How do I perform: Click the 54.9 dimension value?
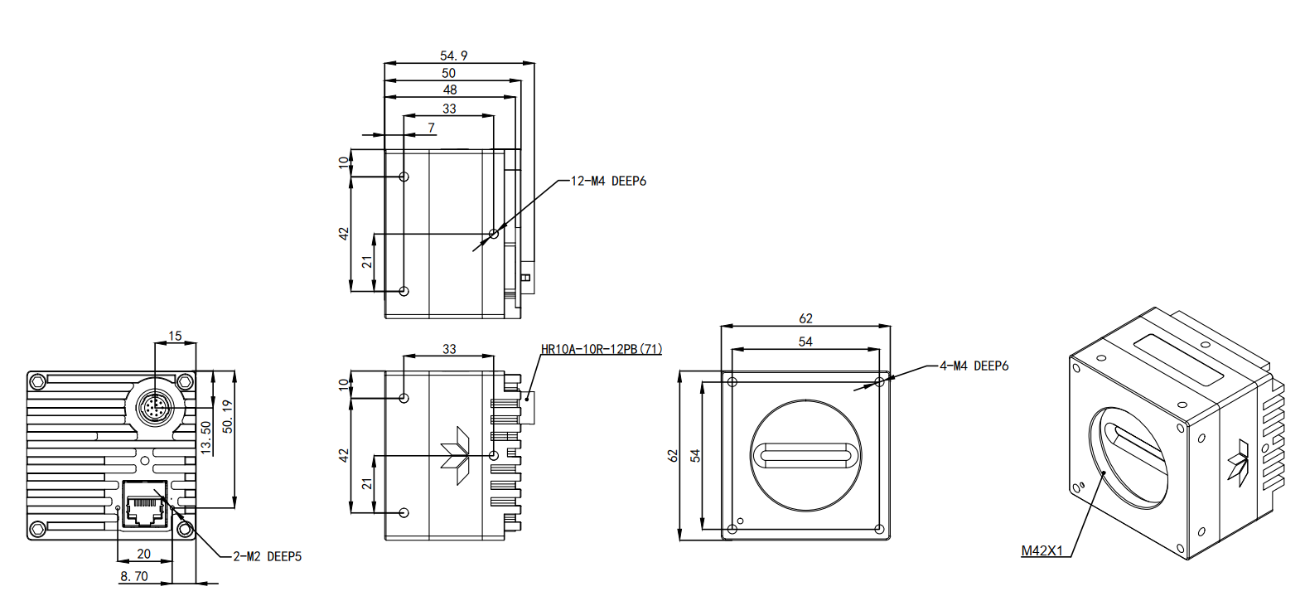click(453, 56)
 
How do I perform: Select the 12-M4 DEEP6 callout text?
click(608, 181)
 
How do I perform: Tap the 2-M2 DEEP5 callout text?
click(267, 556)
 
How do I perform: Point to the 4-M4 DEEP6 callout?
click(974, 366)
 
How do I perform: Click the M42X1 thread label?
click(1042, 550)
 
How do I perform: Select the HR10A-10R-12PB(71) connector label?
click(601, 349)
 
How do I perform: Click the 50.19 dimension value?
click(227, 416)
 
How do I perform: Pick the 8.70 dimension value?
click(134, 576)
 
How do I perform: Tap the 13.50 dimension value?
click(206, 437)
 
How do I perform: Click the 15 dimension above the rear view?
click(175, 336)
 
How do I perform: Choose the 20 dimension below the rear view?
click(143, 554)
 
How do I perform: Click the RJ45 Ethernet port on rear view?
click(144, 503)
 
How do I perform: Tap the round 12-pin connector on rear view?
click(155, 408)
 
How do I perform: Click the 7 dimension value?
click(431, 128)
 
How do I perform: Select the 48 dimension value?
click(449, 90)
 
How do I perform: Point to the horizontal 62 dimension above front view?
click(805, 318)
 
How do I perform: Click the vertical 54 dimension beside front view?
click(695, 455)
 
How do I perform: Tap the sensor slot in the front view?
click(805, 454)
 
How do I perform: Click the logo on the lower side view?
click(455, 454)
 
